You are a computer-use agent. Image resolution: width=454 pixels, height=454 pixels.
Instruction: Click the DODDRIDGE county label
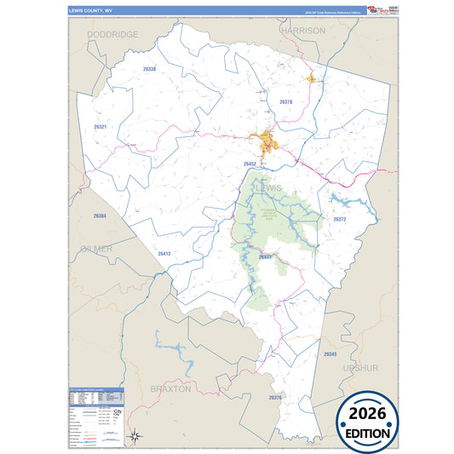coord(112,33)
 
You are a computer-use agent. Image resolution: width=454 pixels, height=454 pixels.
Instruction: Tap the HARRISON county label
coord(303,30)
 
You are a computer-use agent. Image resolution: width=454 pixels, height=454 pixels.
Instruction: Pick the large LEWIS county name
coord(273,188)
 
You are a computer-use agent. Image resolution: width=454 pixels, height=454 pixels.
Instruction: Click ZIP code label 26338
coord(150,68)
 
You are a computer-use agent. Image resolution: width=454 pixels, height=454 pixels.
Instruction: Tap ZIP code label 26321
coord(101,127)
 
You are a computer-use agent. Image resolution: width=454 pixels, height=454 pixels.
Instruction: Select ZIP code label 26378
coord(286,102)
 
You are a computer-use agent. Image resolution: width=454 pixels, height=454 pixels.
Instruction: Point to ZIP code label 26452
coord(250,164)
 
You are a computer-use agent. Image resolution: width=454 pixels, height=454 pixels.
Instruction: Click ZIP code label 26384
coord(100,216)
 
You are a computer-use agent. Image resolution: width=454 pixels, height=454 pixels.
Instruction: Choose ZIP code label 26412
coord(164,253)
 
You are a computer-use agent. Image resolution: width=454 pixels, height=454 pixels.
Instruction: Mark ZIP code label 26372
coord(340,219)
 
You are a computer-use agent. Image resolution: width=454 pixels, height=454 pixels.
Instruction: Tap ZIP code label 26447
coord(264,256)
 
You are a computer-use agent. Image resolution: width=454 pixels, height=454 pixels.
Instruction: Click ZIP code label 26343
coord(330,353)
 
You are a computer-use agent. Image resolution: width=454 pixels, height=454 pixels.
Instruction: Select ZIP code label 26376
coord(275,397)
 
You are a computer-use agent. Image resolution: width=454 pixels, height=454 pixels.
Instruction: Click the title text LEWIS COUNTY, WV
coord(90,10)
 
